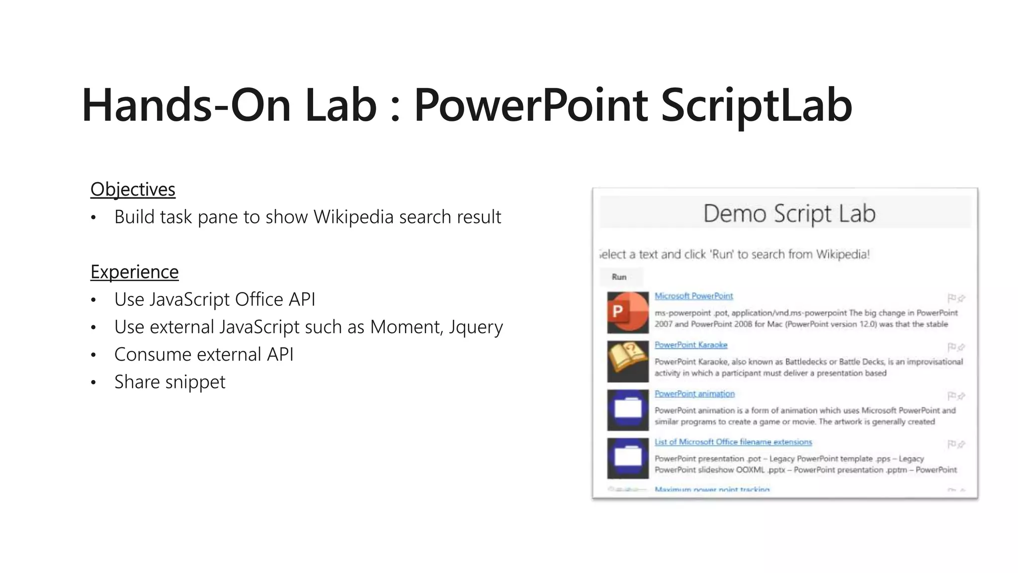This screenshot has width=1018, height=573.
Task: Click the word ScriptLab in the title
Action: (756, 105)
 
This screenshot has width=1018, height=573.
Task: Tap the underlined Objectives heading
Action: (133, 190)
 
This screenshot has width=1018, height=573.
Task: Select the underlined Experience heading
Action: (134, 272)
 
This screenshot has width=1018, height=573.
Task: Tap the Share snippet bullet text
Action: (170, 382)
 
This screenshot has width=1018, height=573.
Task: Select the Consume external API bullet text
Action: (204, 355)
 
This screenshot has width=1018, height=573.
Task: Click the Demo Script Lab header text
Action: (789, 213)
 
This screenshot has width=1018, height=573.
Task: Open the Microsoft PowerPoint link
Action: (693, 296)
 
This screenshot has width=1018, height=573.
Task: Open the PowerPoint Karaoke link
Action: (690, 345)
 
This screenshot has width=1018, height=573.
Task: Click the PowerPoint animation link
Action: (694, 393)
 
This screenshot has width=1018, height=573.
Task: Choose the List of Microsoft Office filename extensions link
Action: (733, 442)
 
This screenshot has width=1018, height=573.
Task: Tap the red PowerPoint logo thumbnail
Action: (628, 312)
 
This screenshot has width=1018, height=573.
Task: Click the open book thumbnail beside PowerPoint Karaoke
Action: (628, 361)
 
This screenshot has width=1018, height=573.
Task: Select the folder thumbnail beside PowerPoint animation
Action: (628, 409)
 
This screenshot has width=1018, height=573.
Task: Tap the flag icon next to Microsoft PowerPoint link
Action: (951, 298)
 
